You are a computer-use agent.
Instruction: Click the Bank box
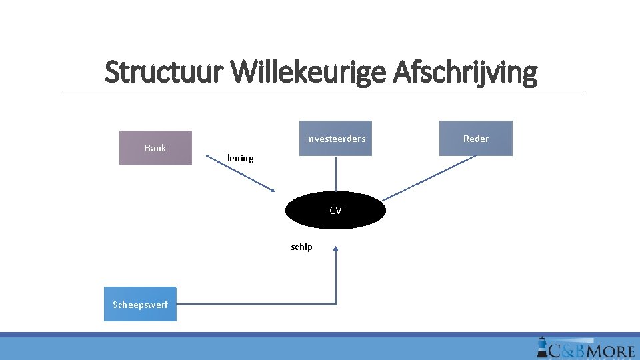[155, 148]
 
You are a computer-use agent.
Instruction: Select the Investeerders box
[335, 139]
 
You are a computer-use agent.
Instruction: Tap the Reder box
[476, 139]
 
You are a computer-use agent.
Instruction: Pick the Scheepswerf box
[140, 305]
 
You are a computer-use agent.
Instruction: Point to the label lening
[241, 158]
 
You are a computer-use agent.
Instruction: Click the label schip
[301, 247]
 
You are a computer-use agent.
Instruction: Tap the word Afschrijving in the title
[465, 73]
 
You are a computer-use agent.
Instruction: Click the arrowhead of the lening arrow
[271, 189]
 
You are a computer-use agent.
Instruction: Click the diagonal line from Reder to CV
[430, 177]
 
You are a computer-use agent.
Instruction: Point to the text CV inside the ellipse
[335, 211]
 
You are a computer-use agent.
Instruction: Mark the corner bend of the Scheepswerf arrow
[335, 304]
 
